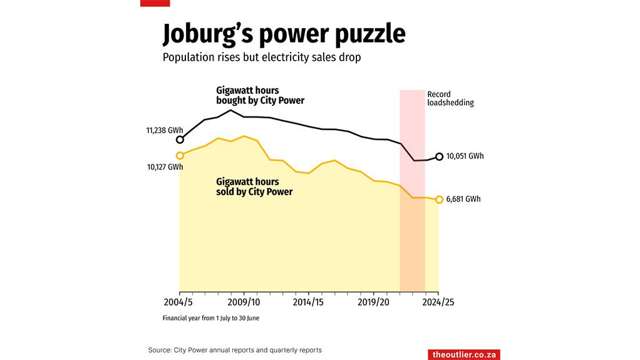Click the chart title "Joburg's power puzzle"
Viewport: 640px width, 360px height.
click(x=284, y=34)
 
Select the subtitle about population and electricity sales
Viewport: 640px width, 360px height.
click(x=262, y=58)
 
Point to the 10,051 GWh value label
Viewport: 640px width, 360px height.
click(x=465, y=157)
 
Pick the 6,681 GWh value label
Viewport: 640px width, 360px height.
click(x=463, y=199)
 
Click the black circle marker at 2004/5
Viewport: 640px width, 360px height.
click(x=180, y=140)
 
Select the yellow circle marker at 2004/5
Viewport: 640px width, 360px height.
click(x=180, y=155)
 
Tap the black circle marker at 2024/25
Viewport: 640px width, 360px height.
click(x=439, y=157)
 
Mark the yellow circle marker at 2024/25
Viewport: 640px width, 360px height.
click(x=439, y=200)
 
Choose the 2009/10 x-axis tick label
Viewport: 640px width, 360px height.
click(x=244, y=302)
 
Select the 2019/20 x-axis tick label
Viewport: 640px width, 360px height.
click(x=374, y=302)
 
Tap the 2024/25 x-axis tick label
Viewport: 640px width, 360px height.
click(x=438, y=302)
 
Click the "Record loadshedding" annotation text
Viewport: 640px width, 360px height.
click(x=450, y=99)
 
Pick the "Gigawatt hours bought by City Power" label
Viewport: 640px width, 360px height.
click(x=260, y=95)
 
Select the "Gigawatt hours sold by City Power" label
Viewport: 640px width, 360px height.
click(x=254, y=187)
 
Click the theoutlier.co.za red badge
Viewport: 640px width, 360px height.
click(x=464, y=354)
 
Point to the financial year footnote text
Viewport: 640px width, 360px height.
click(x=210, y=318)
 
